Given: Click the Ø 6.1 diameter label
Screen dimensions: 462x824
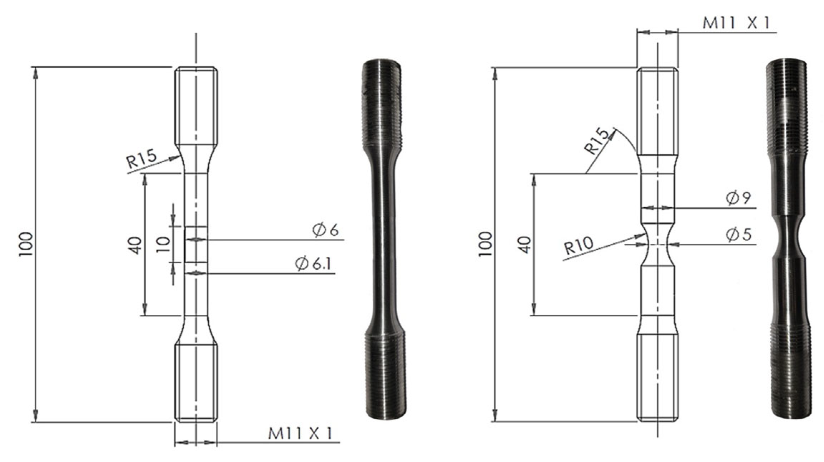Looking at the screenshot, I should tap(314, 264).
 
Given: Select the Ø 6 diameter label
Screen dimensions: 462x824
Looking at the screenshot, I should tap(325, 230).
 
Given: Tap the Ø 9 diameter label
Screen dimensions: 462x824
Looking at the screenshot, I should tap(738, 198).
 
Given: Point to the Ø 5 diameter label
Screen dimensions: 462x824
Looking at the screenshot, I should tap(738, 235).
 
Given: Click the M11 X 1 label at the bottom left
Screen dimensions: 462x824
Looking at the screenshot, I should tap(300, 434).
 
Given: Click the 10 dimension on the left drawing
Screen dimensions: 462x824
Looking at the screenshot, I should tap(164, 245).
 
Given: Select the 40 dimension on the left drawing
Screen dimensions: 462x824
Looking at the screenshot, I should tap(136, 245).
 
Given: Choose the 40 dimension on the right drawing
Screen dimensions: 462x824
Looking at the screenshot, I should tap(525, 245).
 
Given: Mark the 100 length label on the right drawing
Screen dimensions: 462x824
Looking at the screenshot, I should tap(485, 244).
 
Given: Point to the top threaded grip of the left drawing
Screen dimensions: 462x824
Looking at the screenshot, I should tap(196, 106).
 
